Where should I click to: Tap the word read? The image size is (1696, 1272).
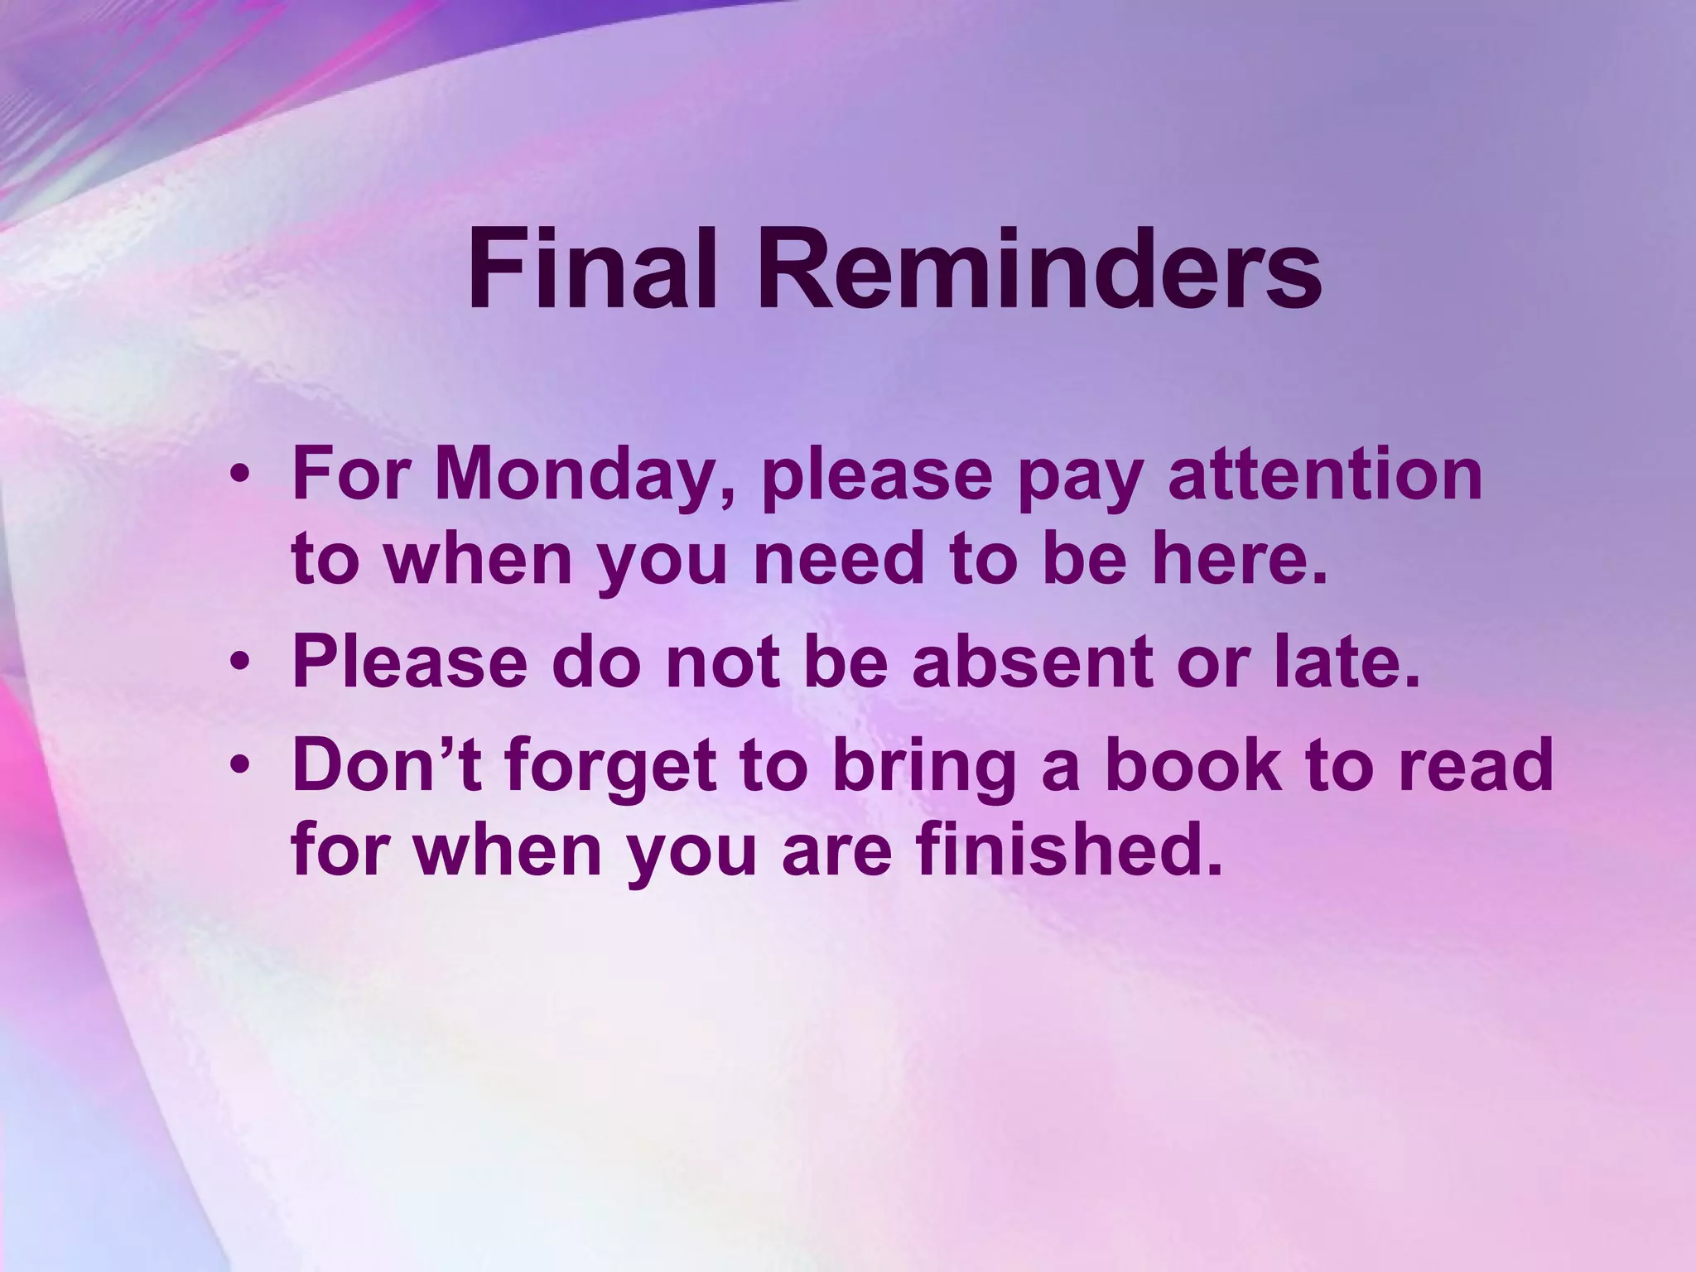1475,766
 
